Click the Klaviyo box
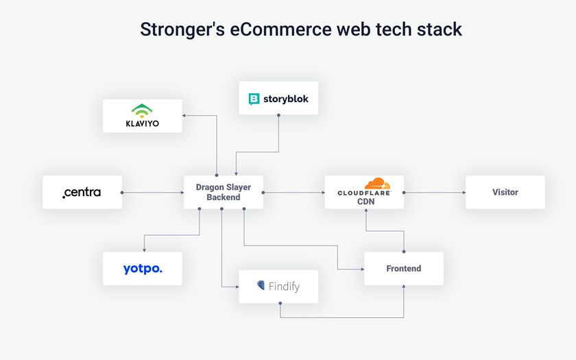143,116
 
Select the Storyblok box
278,98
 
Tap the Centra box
82,192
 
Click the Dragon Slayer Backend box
224,192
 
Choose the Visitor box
505,192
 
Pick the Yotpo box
143,268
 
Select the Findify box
278,286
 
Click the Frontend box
403,268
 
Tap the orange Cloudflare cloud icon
377,184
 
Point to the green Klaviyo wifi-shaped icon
143,109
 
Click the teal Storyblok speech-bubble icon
254,99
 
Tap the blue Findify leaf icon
261,285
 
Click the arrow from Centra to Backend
153,192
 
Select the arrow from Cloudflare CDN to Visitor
435,192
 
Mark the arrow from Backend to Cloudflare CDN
293,192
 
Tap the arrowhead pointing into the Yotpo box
143,249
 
